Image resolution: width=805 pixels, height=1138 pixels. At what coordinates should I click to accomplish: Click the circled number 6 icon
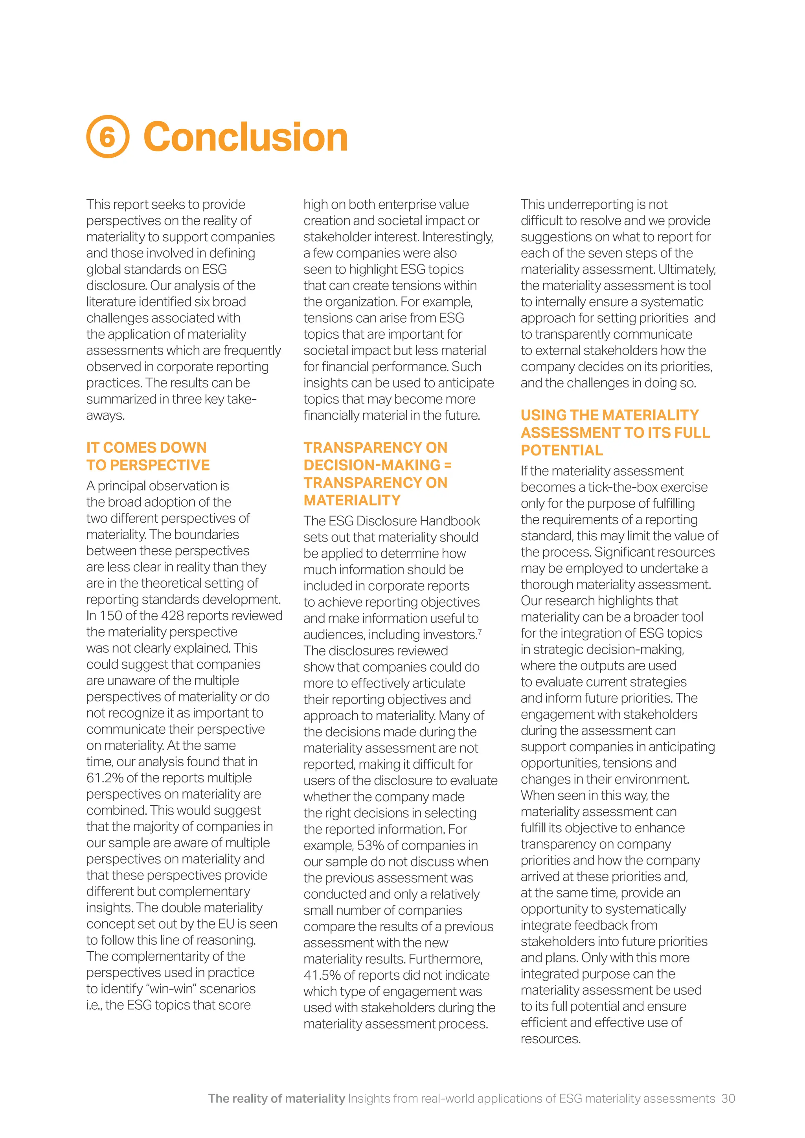click(108, 137)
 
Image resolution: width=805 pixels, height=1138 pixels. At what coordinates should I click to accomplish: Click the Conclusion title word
click(245, 137)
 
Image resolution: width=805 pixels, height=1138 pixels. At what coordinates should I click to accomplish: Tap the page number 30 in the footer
click(728, 1098)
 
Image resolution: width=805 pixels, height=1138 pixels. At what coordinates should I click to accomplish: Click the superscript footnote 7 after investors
click(480, 631)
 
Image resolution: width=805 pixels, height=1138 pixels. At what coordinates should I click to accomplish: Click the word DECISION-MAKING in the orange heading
click(372, 465)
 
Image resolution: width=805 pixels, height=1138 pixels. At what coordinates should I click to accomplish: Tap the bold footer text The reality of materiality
click(276, 1098)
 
